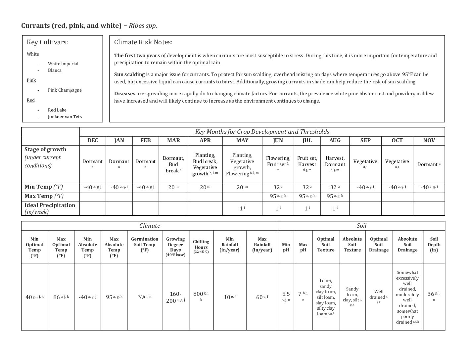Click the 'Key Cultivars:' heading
[x=48, y=42]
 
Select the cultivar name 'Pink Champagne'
[x=65, y=90]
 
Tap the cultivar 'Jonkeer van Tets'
[x=65, y=116]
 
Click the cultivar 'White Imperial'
[x=63, y=64]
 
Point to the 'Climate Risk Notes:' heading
[x=143, y=42]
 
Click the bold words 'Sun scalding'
[x=129, y=74]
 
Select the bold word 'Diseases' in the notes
[x=125, y=94]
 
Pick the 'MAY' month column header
[x=242, y=140]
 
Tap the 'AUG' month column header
[x=335, y=140]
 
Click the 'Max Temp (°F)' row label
[x=44, y=196]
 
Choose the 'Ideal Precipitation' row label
[x=50, y=205]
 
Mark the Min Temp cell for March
[x=173, y=187]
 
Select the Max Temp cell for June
[x=278, y=196]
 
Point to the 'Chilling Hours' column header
[x=201, y=244]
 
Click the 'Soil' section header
[x=361, y=226]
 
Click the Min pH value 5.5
[x=286, y=294]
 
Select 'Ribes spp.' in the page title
[x=143, y=26]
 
